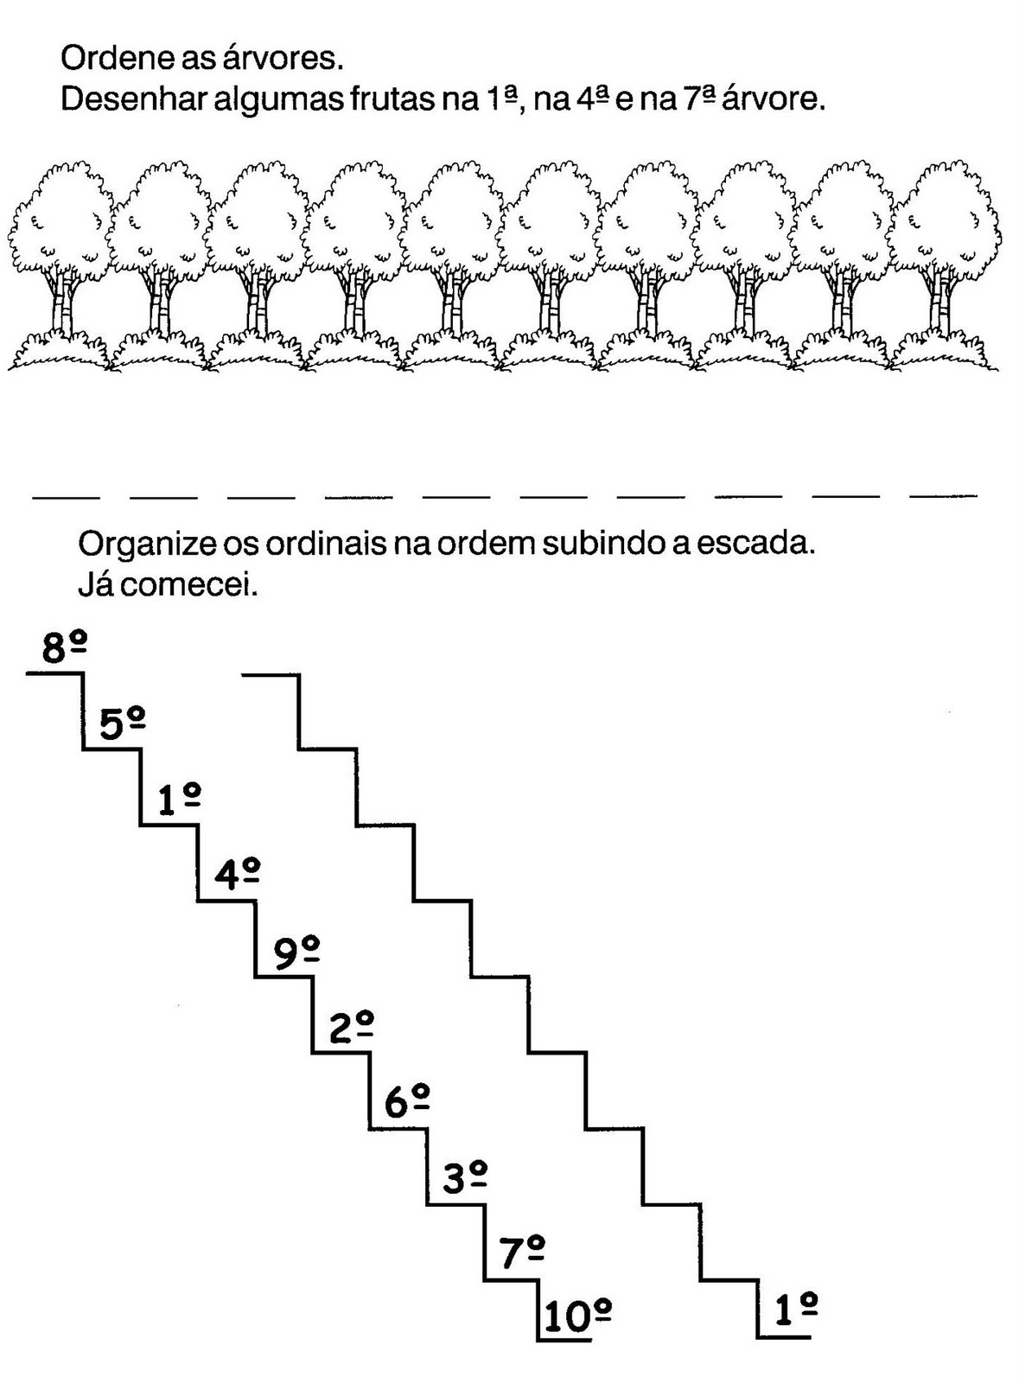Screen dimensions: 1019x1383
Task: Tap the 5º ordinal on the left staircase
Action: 122,724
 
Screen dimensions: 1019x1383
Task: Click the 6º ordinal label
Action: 407,1103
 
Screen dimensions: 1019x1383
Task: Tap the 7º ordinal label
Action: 522,1252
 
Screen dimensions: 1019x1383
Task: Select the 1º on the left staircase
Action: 180,800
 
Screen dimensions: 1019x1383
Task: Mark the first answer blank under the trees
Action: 66,497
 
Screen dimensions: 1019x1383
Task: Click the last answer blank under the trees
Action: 944,496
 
